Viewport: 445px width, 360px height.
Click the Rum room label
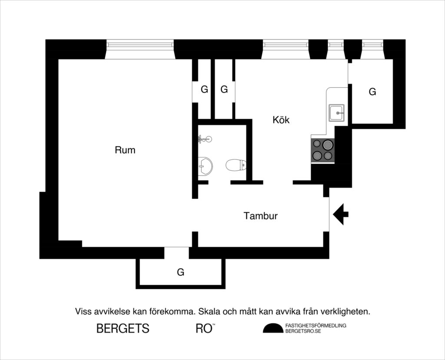125,150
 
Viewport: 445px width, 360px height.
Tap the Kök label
281,120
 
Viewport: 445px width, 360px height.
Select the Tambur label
261,216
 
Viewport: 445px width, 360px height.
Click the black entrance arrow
341,214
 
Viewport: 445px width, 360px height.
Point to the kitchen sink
336,112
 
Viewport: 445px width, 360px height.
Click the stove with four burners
322,150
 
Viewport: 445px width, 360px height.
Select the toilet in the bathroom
236,165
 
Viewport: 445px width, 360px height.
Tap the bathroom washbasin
204,166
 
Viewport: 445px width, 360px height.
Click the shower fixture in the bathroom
204,139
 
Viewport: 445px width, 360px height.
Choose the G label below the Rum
180,272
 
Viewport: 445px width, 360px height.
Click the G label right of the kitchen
372,92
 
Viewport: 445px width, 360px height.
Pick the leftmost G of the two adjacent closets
204,90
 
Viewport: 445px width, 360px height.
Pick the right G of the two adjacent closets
224,90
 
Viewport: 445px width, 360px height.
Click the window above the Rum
140,44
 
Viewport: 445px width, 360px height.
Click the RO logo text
204,328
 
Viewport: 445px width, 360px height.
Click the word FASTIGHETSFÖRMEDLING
315,325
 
